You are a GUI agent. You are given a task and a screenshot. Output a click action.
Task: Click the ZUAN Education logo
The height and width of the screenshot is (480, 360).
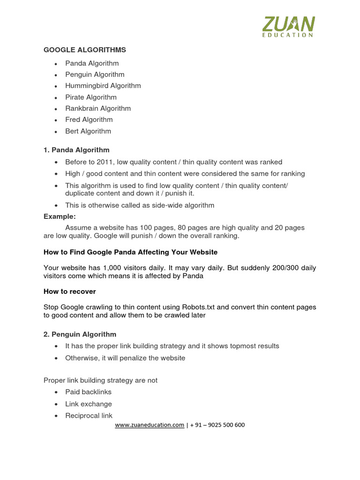coord(288,26)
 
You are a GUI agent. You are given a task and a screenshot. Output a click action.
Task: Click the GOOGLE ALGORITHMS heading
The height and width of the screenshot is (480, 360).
coord(85,50)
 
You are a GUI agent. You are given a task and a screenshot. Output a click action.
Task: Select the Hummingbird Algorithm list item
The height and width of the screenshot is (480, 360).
coord(103,86)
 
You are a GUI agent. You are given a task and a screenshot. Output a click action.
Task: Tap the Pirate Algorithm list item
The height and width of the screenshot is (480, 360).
coord(91,97)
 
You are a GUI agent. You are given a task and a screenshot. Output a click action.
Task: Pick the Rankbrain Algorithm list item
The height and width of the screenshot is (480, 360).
coord(98,108)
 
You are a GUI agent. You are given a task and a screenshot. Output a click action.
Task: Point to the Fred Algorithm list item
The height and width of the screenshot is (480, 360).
coord(89,120)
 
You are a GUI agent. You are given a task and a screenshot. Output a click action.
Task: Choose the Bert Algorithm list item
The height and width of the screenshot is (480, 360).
coord(88,131)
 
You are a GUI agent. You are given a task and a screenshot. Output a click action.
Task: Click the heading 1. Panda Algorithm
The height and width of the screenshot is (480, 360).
coord(76,150)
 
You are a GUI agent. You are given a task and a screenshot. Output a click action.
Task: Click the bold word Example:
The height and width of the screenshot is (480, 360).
coord(60,217)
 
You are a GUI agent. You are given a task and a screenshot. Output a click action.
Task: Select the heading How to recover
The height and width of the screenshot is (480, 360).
coord(70,292)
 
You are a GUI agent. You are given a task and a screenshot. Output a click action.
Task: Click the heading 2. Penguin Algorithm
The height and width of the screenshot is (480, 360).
coord(80,334)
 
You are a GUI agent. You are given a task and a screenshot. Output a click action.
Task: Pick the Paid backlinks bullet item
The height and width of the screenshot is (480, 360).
coord(88,392)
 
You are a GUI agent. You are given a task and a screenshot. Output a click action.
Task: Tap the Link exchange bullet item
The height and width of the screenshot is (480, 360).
coord(89,404)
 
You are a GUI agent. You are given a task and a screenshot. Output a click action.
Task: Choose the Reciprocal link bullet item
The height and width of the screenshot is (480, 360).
coord(89,416)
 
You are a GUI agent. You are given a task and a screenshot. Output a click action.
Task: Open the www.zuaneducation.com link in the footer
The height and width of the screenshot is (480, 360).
coord(150,425)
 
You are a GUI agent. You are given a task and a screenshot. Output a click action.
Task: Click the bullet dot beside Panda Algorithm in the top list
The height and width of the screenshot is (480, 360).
coord(56,64)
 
